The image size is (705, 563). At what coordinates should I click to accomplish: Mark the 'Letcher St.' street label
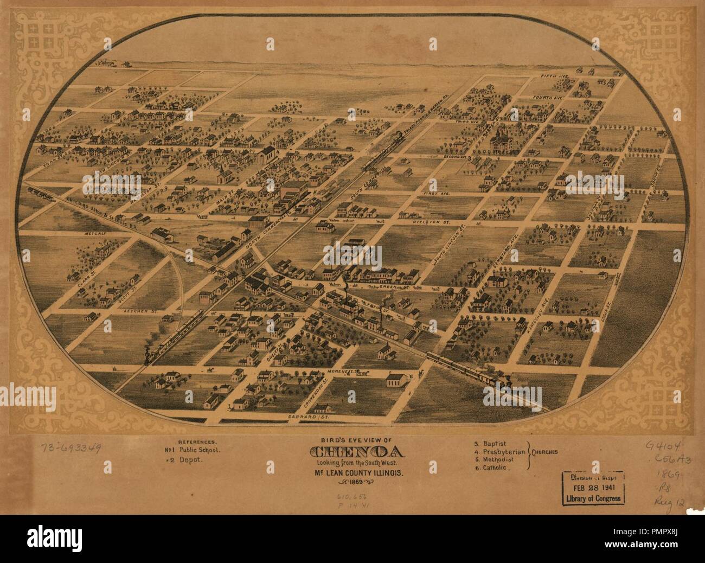click(140, 312)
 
